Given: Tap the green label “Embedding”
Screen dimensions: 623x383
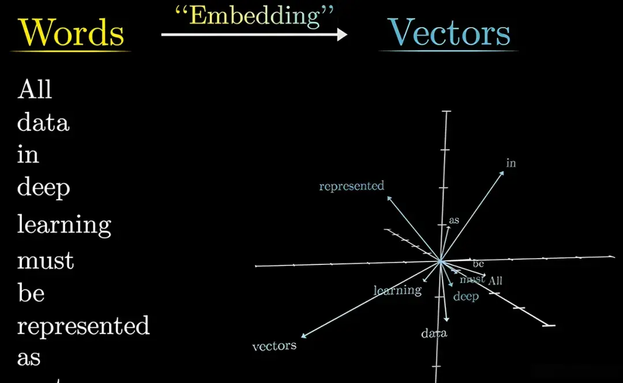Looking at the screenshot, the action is coord(254,16).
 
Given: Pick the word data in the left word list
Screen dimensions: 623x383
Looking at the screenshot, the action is coord(43,122).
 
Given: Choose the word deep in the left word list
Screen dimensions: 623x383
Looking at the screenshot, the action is coord(43,187).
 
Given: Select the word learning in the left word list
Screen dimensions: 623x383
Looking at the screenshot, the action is coord(64,225).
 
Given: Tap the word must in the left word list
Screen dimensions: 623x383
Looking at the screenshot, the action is coord(46,260).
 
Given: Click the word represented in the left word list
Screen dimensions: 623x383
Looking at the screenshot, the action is coord(83,326).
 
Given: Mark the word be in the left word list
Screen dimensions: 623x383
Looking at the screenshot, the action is coord(31,293).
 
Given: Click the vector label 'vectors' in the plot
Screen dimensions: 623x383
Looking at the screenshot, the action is coord(275,346).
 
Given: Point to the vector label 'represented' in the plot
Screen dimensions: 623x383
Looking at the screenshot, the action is coord(351,186).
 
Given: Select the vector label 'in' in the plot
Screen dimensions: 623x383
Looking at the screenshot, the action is coord(511,163).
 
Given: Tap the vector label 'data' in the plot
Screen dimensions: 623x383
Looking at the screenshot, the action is coord(434,333).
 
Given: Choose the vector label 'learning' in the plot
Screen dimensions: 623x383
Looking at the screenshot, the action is coord(397,290).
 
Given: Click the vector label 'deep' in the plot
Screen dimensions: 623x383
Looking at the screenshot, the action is coord(466,297).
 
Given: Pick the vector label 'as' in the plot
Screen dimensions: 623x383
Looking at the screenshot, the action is coord(454,220).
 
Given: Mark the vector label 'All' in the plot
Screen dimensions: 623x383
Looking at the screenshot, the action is coord(496,281).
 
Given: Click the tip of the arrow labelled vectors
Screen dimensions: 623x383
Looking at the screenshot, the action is coord(302,337).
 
